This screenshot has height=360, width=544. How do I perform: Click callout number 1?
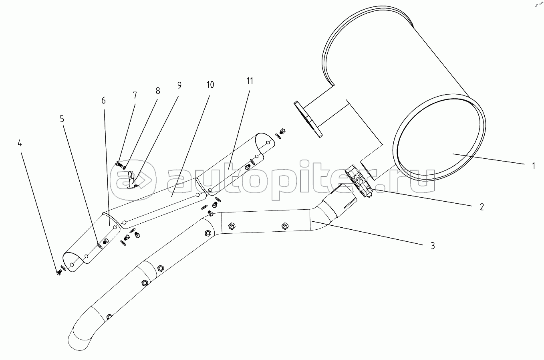pyautogui.click(x=533, y=166)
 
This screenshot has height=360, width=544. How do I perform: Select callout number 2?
pyautogui.click(x=482, y=207)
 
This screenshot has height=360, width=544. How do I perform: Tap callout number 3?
pyautogui.click(x=433, y=246)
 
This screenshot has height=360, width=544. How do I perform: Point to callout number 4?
pyautogui.click(x=20, y=143)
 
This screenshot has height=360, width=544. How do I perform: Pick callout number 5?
pyautogui.click(x=62, y=119)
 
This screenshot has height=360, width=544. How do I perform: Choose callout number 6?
pyautogui.click(x=103, y=101)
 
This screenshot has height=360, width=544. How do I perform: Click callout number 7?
pyautogui.click(x=135, y=95)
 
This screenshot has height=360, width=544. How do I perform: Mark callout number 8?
pyautogui.click(x=158, y=91)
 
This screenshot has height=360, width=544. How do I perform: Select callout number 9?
pyautogui.click(x=179, y=85)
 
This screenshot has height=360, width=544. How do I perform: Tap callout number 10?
pyautogui.click(x=210, y=85)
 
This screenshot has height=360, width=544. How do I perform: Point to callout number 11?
pyautogui.click(x=250, y=81)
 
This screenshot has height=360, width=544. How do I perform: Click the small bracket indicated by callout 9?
pyautogui.click(x=132, y=179)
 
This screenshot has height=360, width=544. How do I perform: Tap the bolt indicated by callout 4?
pyautogui.click(x=59, y=273)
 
